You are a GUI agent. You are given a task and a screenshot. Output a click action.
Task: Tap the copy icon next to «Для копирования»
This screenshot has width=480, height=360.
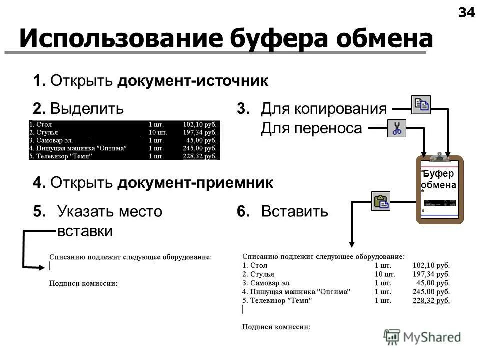point(421,104)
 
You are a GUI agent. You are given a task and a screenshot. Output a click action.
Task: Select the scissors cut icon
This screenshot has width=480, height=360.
point(397,128)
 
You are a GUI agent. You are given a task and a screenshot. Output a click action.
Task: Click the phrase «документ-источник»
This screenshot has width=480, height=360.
point(193,81)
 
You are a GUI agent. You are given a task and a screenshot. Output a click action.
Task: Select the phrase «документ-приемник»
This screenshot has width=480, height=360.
point(195,183)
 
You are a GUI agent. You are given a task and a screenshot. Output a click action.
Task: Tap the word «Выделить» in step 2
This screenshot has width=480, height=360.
point(87,108)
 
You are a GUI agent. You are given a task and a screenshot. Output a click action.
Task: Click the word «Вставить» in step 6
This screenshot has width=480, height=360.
point(294,212)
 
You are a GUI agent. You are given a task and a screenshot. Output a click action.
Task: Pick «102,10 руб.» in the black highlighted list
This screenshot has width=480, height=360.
point(200,125)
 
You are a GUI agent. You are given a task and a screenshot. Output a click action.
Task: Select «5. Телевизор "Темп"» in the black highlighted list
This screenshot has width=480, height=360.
point(63,156)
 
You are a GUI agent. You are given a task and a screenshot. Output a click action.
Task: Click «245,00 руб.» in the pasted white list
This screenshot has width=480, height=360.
point(431,292)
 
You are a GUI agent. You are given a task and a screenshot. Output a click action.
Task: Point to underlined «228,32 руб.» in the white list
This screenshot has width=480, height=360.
point(431,300)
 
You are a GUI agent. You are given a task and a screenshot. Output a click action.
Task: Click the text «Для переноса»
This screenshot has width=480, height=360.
point(311,129)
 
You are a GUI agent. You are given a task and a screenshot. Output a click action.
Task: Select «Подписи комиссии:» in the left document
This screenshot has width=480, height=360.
point(83,284)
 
